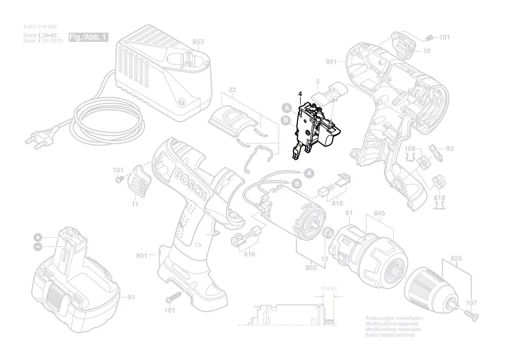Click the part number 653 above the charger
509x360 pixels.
pyautogui.click(x=198, y=42)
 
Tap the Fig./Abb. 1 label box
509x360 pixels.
pyautogui.click(x=88, y=37)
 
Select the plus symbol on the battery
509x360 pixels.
pyautogui.click(x=38, y=238)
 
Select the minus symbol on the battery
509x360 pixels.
pyautogui.click(x=38, y=247)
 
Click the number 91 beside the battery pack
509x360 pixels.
pyautogui.click(x=131, y=298)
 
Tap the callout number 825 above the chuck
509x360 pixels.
pyautogui.click(x=456, y=258)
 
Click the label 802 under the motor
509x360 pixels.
pyautogui.click(x=311, y=268)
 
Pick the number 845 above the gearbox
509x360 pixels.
pyautogui.click(x=380, y=214)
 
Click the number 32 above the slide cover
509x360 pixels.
pyautogui.click(x=232, y=90)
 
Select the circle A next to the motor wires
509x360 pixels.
pyautogui.click(x=309, y=173)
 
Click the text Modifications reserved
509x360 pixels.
pyautogui.click(x=391, y=324)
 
